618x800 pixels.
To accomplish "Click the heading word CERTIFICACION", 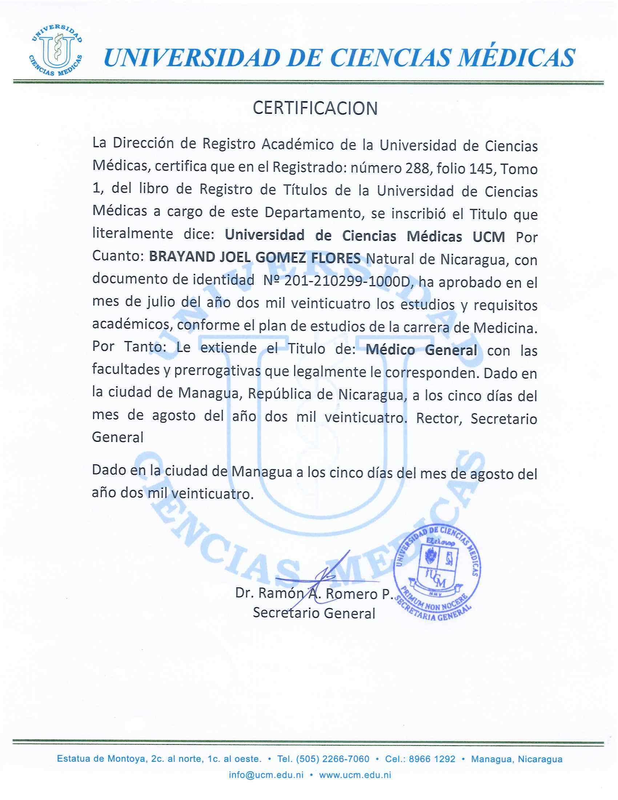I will (x=315, y=108).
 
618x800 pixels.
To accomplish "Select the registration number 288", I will (x=417, y=168).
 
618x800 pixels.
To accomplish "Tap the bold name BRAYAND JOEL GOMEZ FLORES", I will (x=254, y=258).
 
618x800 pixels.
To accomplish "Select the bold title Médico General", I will (x=421, y=350).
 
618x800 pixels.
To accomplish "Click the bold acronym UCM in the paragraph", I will (x=488, y=237).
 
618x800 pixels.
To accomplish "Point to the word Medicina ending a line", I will (x=505, y=327).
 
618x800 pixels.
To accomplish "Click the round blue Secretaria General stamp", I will (x=437, y=574).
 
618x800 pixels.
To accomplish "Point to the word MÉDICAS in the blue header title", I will (x=516, y=58).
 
